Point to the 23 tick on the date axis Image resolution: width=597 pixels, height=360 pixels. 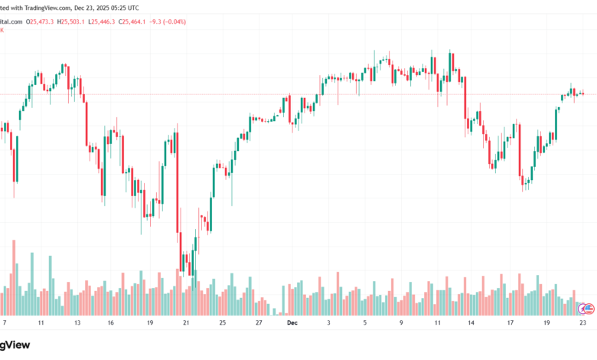(x=582, y=323)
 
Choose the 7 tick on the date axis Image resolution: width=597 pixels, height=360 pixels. (x=5, y=323)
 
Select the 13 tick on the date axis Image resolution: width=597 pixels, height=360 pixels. (x=77, y=323)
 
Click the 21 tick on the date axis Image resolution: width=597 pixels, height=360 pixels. (x=185, y=323)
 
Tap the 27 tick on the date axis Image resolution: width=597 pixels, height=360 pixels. (x=259, y=323)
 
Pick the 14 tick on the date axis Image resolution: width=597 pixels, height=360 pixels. (x=472, y=323)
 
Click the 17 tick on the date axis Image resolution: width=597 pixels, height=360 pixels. (x=509, y=323)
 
